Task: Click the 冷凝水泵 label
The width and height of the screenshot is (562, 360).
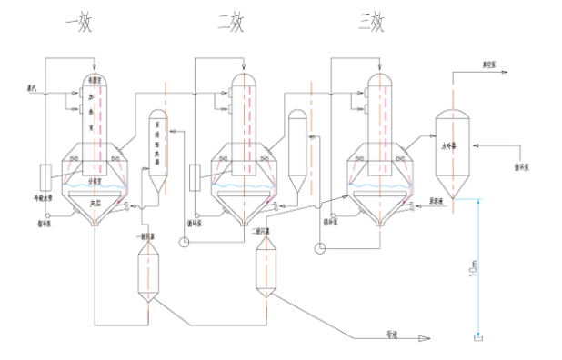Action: click(45, 196)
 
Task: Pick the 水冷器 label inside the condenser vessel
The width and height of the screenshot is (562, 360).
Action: click(448, 145)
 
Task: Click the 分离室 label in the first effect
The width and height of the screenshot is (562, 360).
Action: click(95, 180)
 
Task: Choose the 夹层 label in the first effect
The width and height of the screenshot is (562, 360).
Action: click(95, 203)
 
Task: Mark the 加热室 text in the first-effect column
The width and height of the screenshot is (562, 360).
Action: click(91, 116)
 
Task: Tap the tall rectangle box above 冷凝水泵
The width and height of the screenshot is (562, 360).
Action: click(45, 176)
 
